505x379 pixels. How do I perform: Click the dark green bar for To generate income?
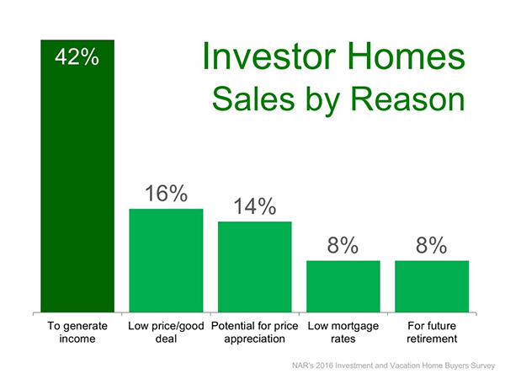click(x=77, y=176)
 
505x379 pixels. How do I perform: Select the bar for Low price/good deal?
click(x=166, y=260)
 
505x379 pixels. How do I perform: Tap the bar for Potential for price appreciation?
click(x=255, y=267)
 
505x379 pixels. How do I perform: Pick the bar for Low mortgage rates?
click(x=343, y=286)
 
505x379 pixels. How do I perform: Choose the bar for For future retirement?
click(x=432, y=286)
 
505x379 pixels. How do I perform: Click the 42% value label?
click(x=77, y=57)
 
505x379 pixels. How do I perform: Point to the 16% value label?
click(x=166, y=194)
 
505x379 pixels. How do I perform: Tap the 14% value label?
click(x=255, y=206)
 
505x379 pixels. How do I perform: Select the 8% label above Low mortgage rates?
click(x=343, y=245)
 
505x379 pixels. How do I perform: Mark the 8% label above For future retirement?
click(x=431, y=245)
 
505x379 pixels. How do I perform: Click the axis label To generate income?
click(x=77, y=333)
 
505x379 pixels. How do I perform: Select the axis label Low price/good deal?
click(x=166, y=333)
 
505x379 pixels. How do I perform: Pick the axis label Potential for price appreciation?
click(x=255, y=333)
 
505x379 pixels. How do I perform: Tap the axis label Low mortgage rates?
click(x=343, y=333)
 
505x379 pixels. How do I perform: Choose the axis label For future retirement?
click(x=432, y=333)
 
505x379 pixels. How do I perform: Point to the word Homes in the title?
click(x=407, y=56)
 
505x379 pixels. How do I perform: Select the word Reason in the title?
click(x=407, y=99)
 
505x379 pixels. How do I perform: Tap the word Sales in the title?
click(x=253, y=99)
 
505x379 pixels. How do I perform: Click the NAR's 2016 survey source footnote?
click(x=393, y=366)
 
